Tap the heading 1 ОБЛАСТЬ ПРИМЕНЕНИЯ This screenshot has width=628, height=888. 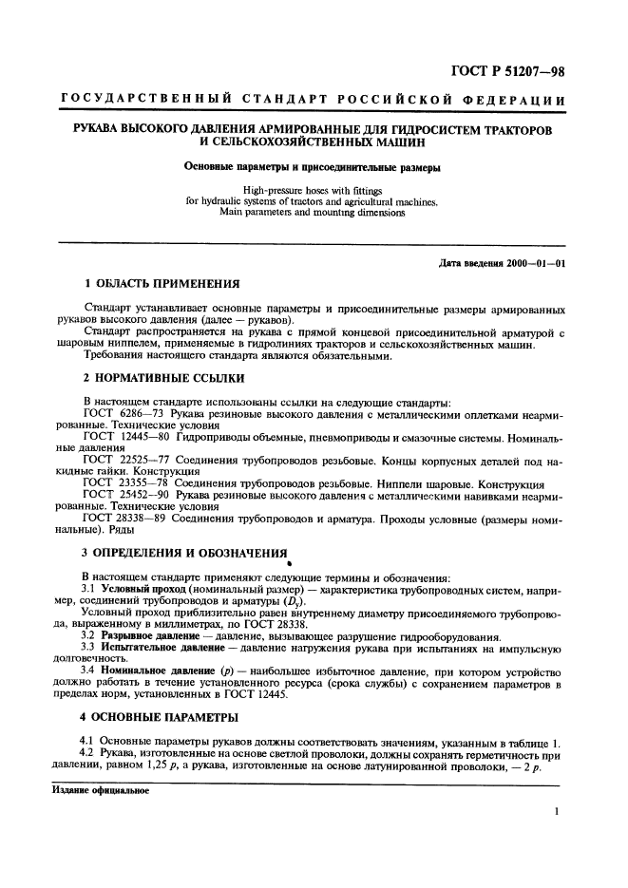coord(162,284)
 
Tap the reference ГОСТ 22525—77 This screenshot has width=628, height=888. coord(124,458)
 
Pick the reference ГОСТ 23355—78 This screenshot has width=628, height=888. coord(124,483)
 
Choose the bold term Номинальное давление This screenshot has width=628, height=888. coord(159,670)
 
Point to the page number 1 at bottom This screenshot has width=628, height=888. coord(556,812)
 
